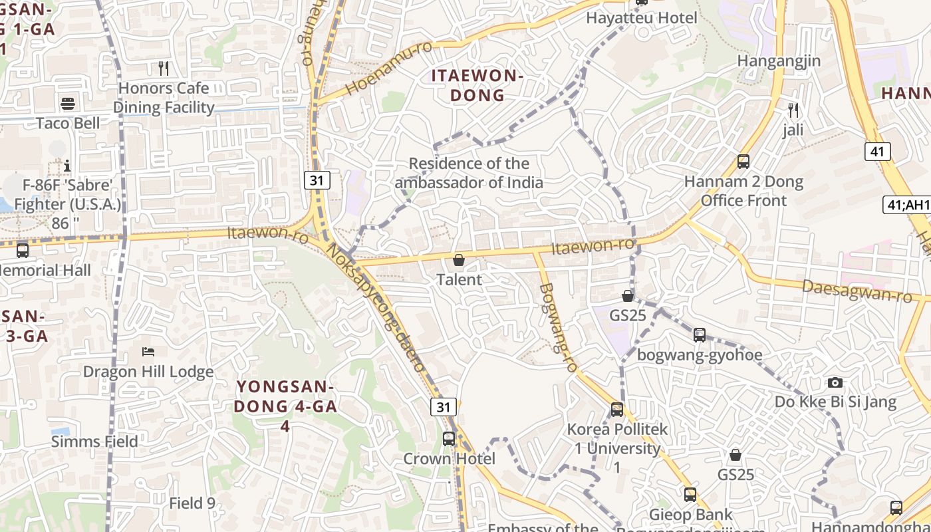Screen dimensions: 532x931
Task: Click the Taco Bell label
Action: click(68, 123)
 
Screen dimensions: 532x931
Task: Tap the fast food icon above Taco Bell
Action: click(68, 104)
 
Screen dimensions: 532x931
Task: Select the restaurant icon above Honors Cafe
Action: click(164, 68)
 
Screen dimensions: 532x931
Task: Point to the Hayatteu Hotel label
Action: click(641, 18)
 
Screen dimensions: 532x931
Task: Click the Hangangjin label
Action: click(779, 61)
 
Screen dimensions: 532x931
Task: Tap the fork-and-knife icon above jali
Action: click(793, 110)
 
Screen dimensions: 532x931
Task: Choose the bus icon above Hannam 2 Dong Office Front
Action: click(743, 162)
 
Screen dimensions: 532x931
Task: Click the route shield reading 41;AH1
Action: click(906, 205)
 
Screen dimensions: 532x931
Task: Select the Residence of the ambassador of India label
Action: click(469, 173)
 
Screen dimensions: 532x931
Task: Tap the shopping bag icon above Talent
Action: click(459, 260)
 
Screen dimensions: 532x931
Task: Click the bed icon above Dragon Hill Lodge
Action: click(148, 351)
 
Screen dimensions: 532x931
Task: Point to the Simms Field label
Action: click(94, 442)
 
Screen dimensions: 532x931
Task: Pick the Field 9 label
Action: click(192, 503)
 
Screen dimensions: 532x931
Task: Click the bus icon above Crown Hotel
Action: click(449, 439)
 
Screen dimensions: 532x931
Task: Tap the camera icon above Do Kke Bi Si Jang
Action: click(835, 382)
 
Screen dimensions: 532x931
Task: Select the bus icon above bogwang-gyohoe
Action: click(700, 335)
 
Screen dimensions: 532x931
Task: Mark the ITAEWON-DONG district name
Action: click(477, 85)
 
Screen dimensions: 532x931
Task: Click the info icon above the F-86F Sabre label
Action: click(66, 165)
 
